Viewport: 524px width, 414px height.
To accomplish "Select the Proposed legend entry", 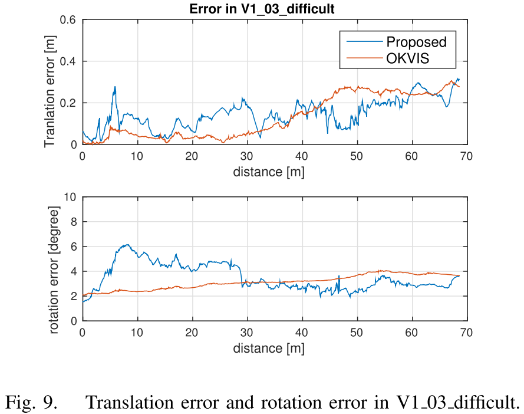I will [x=416, y=42].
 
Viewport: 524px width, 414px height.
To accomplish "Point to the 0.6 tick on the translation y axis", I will [x=69, y=20].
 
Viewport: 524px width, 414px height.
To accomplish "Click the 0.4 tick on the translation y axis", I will [x=69, y=61].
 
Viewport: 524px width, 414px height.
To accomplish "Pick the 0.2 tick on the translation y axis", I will [x=69, y=103].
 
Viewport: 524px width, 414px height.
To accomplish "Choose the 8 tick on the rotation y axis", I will [x=74, y=222].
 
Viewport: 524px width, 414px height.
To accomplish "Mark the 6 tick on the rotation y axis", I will [x=74, y=247].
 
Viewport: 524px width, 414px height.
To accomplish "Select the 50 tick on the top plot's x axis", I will [x=357, y=156].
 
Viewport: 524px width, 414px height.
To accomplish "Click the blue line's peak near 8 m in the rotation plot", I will [x=126, y=244].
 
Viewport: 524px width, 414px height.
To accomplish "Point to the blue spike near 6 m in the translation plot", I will [x=115, y=87].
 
